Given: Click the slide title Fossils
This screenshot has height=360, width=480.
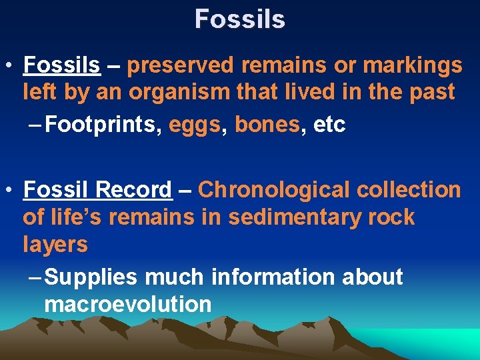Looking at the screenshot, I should click(240, 19).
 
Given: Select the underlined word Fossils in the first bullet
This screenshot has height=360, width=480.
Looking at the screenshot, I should click(61, 65).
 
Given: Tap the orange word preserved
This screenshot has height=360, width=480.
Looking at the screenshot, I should click(180, 65).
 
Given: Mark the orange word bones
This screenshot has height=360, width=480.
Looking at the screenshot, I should click(267, 125).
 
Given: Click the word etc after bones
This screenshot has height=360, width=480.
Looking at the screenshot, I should click(329, 125).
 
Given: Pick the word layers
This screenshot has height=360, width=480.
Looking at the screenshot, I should click(55, 245).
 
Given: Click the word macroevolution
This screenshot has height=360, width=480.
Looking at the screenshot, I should click(127, 305).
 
